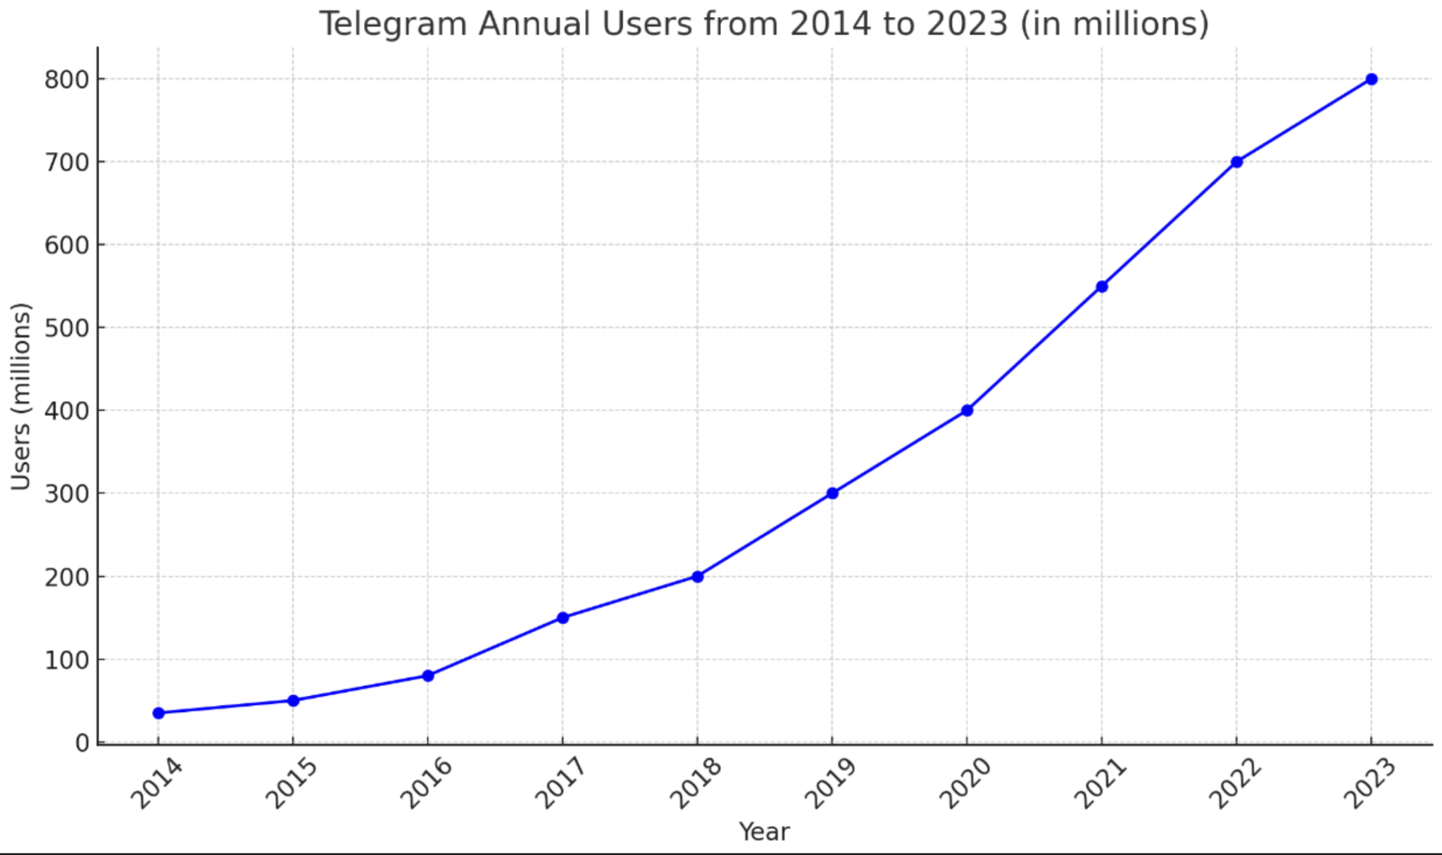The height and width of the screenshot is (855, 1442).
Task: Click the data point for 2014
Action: click(x=158, y=713)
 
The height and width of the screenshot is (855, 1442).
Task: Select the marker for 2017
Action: click(x=563, y=618)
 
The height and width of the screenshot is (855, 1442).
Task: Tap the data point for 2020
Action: click(x=967, y=410)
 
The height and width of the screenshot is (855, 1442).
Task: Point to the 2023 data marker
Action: click(x=1371, y=79)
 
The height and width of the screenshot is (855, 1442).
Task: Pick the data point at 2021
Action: click(x=1102, y=286)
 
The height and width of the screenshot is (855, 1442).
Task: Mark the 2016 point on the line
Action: click(x=428, y=675)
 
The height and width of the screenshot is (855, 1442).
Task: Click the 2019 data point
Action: click(x=832, y=493)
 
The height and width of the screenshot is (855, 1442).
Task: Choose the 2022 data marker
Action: click(x=1236, y=162)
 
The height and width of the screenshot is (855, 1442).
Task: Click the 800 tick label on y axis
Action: click(x=67, y=80)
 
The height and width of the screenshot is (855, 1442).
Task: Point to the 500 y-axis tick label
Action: click(x=67, y=328)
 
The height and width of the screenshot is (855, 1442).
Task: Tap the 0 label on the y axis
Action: click(x=82, y=743)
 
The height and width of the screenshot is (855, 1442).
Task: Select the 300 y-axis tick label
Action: click(x=67, y=494)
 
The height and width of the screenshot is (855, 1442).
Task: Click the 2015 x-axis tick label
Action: click(x=291, y=784)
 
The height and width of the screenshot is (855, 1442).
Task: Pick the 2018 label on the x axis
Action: click(x=695, y=784)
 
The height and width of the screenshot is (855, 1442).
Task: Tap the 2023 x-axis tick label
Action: click(x=1369, y=784)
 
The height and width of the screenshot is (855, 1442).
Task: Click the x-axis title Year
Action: click(x=764, y=832)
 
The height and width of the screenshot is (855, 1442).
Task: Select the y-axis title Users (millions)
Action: click(x=21, y=396)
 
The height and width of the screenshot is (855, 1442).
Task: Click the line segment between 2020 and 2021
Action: click(x=1034, y=348)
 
